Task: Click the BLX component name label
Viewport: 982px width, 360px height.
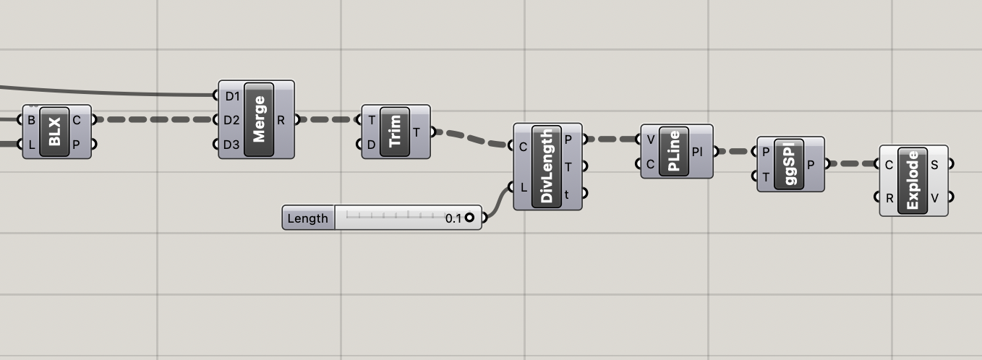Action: (x=55, y=132)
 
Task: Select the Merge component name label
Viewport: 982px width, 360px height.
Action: (x=259, y=119)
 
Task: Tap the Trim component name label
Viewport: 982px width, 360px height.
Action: (x=393, y=132)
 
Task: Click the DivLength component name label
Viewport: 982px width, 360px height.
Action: (x=547, y=166)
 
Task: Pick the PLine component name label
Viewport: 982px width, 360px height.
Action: (x=673, y=152)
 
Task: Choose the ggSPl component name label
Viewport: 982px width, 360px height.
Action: (x=790, y=164)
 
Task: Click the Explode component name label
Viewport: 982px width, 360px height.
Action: (x=912, y=180)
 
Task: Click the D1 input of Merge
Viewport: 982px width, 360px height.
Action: (x=231, y=95)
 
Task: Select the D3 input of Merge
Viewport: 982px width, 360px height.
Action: (x=231, y=145)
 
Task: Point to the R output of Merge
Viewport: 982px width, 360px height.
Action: (x=281, y=120)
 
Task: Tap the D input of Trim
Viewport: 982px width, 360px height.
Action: (x=372, y=145)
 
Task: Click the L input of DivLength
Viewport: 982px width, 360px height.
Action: (x=524, y=187)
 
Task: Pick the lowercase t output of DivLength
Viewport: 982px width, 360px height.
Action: (x=568, y=194)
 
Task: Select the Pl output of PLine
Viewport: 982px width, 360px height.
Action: (x=697, y=152)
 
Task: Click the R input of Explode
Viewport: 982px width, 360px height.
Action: (x=889, y=196)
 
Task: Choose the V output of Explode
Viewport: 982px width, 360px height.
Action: (x=934, y=196)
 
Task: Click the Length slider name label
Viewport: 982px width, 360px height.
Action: (x=308, y=218)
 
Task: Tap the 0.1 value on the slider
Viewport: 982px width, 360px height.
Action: (x=453, y=218)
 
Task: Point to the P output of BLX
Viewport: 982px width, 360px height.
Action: (x=77, y=145)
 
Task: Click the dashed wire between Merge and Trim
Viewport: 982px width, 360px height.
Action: (x=330, y=120)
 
